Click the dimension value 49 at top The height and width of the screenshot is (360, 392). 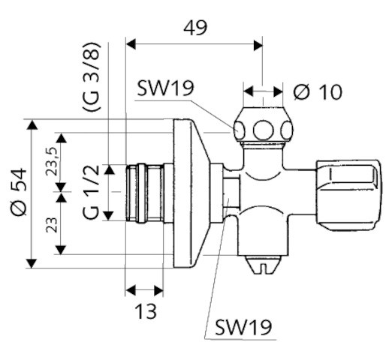click(x=195, y=28)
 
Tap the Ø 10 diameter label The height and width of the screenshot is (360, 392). click(x=318, y=91)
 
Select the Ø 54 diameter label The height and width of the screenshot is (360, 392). click(x=19, y=192)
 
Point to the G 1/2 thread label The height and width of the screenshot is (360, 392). click(x=91, y=193)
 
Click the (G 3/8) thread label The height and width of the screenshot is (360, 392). click(x=92, y=76)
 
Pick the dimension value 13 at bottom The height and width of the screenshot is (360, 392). click(x=146, y=311)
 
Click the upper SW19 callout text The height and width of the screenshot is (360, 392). click(x=166, y=88)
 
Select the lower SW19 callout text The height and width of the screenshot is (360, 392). click(x=243, y=327)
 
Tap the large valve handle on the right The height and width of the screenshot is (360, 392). click(x=348, y=195)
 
